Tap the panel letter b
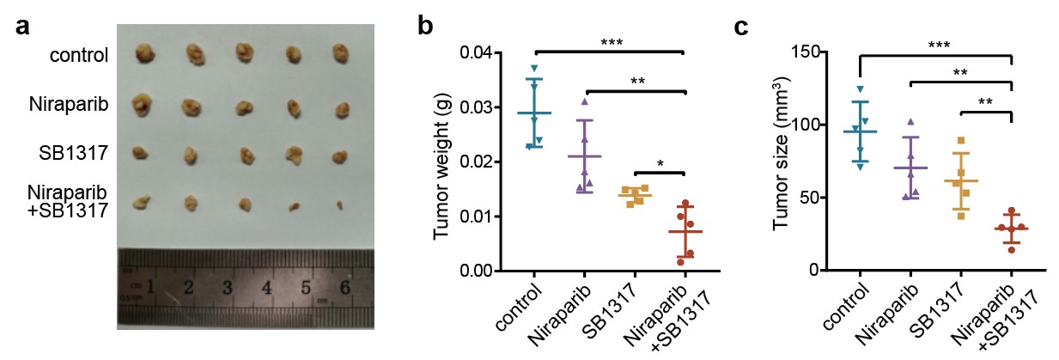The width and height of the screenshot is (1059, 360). pyautogui.click(x=425, y=25)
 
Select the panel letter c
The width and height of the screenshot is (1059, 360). pyautogui.click(x=745, y=25)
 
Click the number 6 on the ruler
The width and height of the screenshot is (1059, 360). pyautogui.click(x=344, y=287)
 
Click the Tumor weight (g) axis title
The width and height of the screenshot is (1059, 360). pyautogui.click(x=443, y=162)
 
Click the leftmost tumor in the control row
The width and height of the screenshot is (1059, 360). pyautogui.click(x=144, y=57)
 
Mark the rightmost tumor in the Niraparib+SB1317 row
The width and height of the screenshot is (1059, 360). pyautogui.click(x=341, y=204)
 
